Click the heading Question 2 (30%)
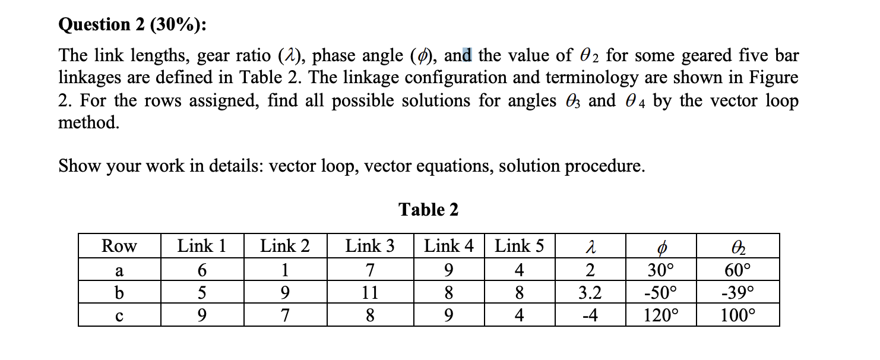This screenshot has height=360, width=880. (x=133, y=24)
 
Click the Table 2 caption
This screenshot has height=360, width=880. (x=428, y=210)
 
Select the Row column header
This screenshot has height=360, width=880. (x=119, y=246)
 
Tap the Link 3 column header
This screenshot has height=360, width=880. (x=370, y=246)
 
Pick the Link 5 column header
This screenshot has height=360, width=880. (x=520, y=246)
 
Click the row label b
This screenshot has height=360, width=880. (x=119, y=292)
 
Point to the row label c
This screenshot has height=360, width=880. (x=119, y=315)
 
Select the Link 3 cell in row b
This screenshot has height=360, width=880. (x=370, y=292)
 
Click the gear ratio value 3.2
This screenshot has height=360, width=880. (x=590, y=292)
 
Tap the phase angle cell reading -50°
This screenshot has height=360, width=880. (x=660, y=292)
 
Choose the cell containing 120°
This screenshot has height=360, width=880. (x=660, y=315)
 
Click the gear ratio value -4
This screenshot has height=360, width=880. (x=590, y=315)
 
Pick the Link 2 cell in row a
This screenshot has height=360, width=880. (x=285, y=271)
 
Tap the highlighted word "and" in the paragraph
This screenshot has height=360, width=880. (x=458, y=56)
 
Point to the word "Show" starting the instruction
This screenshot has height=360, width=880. (x=78, y=166)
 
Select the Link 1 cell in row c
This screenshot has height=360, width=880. (x=202, y=315)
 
